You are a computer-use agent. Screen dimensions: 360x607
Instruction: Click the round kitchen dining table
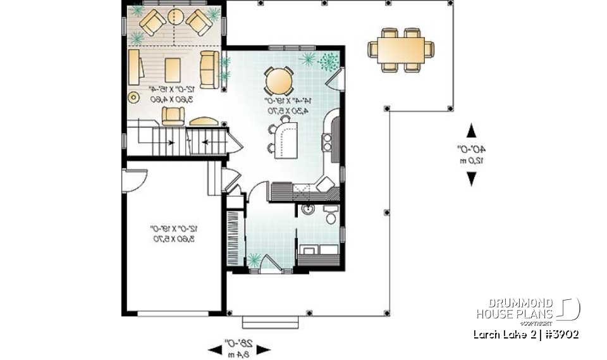(x=278, y=80)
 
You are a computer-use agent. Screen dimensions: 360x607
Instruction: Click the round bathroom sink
(x=308, y=209)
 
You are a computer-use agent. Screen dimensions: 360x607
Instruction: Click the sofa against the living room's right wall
(x=209, y=70)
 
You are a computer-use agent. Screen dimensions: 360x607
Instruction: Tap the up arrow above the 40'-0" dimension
(x=471, y=131)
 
